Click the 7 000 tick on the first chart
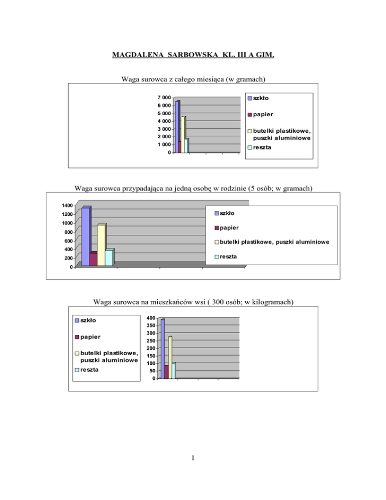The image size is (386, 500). click(162, 98)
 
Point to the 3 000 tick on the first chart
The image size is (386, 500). click(162, 129)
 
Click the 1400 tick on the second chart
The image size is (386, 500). click(65, 205)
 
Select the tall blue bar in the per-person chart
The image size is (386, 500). click(85, 236)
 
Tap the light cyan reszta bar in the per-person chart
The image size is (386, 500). click(109, 258)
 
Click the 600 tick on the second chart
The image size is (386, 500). click(67, 241)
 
